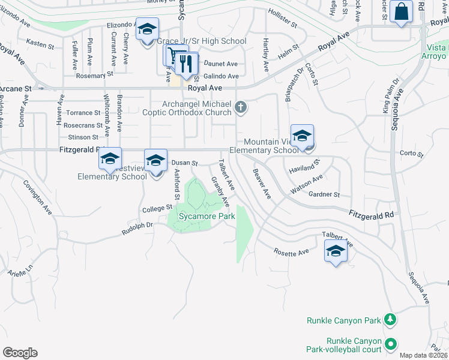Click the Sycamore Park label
tap(205, 217)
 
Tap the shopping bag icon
tap(400, 11)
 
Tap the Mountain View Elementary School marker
tap(302, 136)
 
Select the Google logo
tap(20, 353)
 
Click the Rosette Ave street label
tap(291, 253)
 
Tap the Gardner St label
tap(324, 194)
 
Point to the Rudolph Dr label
tap(137, 227)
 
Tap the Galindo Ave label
tap(221, 76)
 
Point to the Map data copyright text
tap(424, 355)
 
